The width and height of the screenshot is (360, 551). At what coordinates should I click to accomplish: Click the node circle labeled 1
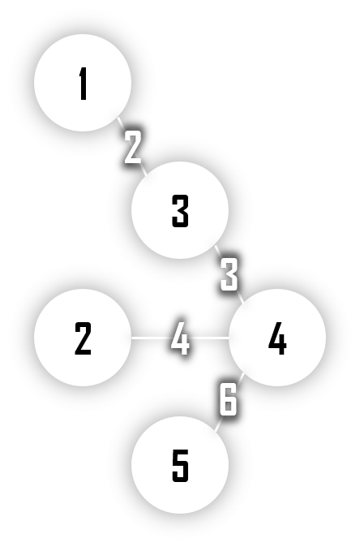pyautogui.click(x=83, y=83)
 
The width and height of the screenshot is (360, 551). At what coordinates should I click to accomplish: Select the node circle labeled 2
pyautogui.click(x=83, y=338)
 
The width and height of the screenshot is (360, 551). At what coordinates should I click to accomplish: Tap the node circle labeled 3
pyautogui.click(x=180, y=210)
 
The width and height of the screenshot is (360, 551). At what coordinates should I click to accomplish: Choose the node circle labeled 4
pyautogui.click(x=277, y=338)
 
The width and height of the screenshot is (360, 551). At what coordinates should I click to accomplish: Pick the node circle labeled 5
pyautogui.click(x=180, y=465)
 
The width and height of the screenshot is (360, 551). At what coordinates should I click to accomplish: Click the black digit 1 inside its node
pyautogui.click(x=83, y=84)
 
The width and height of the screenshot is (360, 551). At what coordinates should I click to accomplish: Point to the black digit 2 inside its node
pyautogui.click(x=83, y=338)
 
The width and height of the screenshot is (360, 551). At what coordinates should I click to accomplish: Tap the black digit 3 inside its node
pyautogui.click(x=181, y=211)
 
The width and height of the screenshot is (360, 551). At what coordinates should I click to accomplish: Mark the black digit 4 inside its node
pyautogui.click(x=277, y=338)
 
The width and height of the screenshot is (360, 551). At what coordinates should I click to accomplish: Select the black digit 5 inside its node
pyautogui.click(x=181, y=466)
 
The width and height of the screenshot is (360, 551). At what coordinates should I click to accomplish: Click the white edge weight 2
pyautogui.click(x=133, y=147)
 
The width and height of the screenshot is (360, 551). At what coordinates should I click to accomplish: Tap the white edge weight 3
pyautogui.click(x=229, y=274)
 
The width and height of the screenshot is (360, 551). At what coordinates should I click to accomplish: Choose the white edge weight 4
pyautogui.click(x=180, y=338)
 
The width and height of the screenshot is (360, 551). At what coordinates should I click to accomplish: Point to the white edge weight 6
pyautogui.click(x=229, y=399)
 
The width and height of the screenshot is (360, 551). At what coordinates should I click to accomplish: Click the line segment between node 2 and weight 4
pyautogui.click(x=152, y=338)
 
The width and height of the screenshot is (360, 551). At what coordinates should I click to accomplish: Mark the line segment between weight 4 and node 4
pyautogui.click(x=209, y=338)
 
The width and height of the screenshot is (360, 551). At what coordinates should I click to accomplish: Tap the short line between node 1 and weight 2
pyautogui.click(x=122, y=124)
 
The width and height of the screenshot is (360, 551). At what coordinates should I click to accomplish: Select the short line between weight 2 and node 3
pyautogui.click(x=144, y=170)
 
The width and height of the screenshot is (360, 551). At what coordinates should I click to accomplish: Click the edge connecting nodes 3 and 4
pyautogui.click(x=229, y=274)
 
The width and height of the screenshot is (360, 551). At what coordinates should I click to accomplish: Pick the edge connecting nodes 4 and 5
pyautogui.click(x=229, y=402)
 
